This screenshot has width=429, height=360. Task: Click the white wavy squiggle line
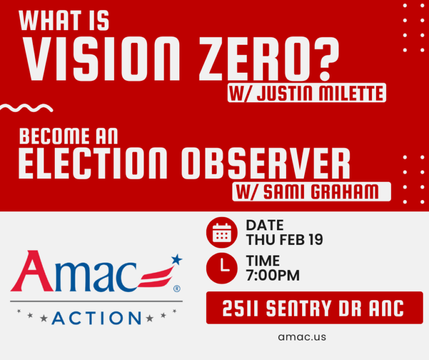[x=27, y=107]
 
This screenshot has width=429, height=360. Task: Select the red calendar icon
[x=222, y=233]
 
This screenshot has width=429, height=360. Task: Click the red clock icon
[x=222, y=267]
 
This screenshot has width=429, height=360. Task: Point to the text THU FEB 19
[x=284, y=240]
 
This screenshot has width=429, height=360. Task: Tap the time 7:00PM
[x=273, y=275]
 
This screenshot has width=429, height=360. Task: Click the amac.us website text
[x=302, y=337]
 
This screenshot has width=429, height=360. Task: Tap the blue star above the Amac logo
[x=177, y=259]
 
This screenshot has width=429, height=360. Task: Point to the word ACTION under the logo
[x=97, y=318]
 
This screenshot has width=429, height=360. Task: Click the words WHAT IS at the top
[x=65, y=21]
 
